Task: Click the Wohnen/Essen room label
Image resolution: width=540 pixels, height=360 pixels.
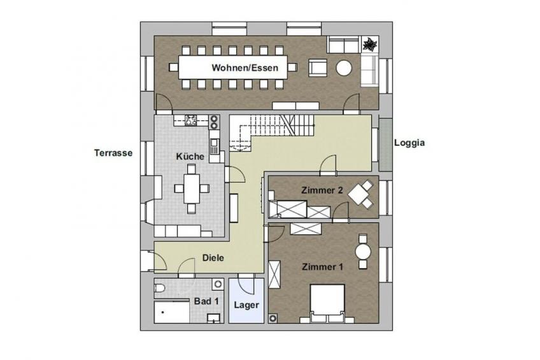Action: point(245,68)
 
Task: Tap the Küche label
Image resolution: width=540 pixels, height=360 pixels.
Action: point(190,156)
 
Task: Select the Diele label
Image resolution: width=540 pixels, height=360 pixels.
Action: point(213,257)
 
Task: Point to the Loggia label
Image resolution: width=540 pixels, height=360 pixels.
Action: point(409,143)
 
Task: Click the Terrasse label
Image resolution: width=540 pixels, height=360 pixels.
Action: point(113,153)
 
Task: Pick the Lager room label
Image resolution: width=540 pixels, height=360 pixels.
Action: point(246,305)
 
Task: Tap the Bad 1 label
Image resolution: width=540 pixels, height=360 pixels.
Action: point(206,301)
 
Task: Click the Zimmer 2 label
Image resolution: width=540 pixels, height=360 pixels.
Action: point(322,190)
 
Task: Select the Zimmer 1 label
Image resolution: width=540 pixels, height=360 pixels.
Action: point(322,266)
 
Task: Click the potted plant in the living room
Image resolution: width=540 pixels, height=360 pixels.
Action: point(370,44)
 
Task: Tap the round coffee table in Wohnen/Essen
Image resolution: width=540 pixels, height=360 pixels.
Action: point(344,68)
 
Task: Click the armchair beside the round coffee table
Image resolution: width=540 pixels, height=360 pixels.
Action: point(318,68)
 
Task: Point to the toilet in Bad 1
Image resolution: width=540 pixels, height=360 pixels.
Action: point(160,288)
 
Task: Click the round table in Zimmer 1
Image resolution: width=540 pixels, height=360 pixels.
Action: point(363,252)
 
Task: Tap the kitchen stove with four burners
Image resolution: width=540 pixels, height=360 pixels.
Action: point(191,120)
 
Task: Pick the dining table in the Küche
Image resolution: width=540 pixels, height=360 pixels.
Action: point(192,189)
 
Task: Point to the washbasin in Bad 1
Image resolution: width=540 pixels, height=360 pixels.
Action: point(213,317)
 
